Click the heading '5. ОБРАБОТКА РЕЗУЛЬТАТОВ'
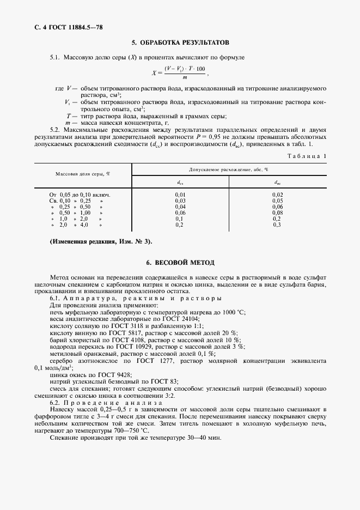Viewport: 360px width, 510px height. point(180,42)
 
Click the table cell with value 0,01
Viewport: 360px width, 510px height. point(180,195)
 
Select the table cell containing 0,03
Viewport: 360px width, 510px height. point(180,201)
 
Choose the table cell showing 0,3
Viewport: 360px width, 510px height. point(277,224)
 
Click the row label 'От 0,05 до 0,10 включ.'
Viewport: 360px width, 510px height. point(80,195)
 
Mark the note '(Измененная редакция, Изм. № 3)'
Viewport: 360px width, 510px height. point(101,241)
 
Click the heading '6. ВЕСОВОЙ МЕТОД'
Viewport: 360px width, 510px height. point(180,262)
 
